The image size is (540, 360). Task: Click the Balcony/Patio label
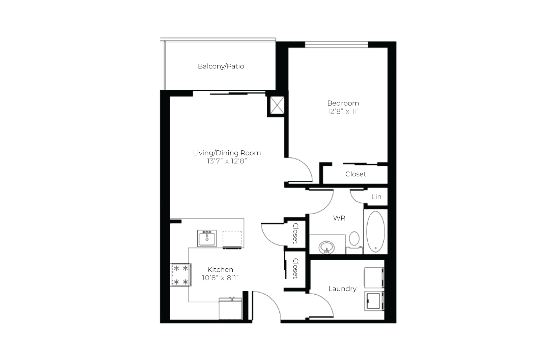[x=221, y=66]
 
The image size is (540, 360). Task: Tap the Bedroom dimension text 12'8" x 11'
[x=343, y=111]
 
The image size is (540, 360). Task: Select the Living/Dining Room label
[x=227, y=153]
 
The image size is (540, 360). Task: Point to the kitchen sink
[x=207, y=238]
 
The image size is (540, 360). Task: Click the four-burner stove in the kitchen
[x=180, y=275]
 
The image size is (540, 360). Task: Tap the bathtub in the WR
[x=375, y=232]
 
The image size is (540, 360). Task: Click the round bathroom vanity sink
[x=326, y=247]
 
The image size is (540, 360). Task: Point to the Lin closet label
[x=376, y=197]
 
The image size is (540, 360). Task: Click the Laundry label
[x=342, y=289]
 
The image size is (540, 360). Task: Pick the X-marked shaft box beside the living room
[x=277, y=105]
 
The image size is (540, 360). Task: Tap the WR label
[x=339, y=218]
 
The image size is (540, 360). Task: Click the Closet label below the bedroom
[x=356, y=174]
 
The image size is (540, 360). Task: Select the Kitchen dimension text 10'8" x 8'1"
[x=220, y=278]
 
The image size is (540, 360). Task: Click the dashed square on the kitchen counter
[x=232, y=239]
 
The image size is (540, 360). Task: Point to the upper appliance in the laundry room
[x=374, y=277]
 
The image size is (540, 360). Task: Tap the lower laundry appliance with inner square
[x=374, y=301]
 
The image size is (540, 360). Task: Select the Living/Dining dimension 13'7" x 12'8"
[x=227, y=161]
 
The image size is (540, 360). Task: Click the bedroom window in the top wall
[x=337, y=44]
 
